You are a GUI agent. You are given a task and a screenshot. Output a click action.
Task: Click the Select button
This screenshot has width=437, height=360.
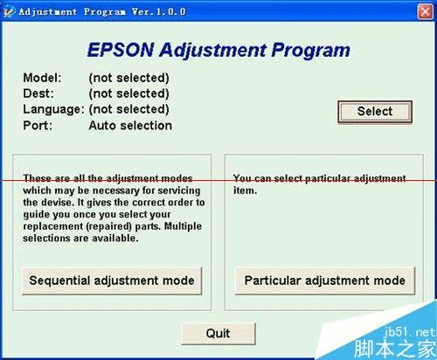pyautogui.click(x=374, y=111)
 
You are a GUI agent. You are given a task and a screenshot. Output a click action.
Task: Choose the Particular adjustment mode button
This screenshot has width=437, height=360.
pyautogui.click(x=324, y=280)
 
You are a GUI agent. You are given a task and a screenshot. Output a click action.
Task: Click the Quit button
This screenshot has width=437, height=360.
pyautogui.click(x=218, y=333)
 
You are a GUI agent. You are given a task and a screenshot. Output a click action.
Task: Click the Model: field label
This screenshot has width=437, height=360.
pyautogui.click(x=42, y=78)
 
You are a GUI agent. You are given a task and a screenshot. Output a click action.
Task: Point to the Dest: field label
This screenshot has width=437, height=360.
pyautogui.click(x=38, y=93)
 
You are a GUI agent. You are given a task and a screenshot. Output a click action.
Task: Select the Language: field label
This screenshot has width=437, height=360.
pyautogui.click(x=53, y=109)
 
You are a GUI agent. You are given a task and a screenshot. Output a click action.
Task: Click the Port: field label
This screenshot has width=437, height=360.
pyautogui.click(x=38, y=125)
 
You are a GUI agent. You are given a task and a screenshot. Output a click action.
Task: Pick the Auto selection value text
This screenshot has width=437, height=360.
pyautogui.click(x=130, y=125)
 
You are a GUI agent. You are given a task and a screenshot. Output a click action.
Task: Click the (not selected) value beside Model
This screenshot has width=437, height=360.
pyautogui.click(x=128, y=78)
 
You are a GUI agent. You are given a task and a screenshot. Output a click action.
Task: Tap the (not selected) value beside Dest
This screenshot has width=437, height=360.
pyautogui.click(x=128, y=93)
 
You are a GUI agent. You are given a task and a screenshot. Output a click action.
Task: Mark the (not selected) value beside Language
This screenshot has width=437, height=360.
pyautogui.click(x=128, y=109)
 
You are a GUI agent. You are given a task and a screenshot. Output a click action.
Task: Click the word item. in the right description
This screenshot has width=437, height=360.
pyautogui.click(x=244, y=190)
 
